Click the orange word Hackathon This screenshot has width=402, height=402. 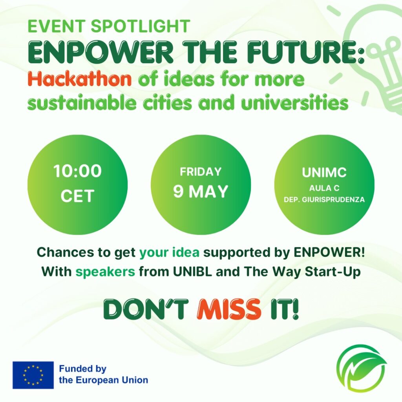pyautogui.click(x=80, y=79)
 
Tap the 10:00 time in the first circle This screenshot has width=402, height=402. pyautogui.click(x=77, y=171)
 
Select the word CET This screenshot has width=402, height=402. pyautogui.click(x=77, y=196)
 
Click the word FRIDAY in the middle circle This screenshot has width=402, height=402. pyautogui.click(x=201, y=172)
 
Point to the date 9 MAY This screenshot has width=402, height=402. pyautogui.click(x=201, y=191)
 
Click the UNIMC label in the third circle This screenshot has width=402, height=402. pyautogui.click(x=324, y=172)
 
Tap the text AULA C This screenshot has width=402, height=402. pyautogui.click(x=324, y=188)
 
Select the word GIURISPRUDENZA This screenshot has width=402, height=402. pyautogui.click(x=333, y=199)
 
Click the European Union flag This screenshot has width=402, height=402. pyautogui.click(x=33, y=375)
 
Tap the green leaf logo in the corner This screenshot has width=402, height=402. pyautogui.click(x=362, y=368)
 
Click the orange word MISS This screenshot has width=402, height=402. pyautogui.click(x=229, y=309)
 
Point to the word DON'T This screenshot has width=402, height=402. pyautogui.click(x=146, y=309)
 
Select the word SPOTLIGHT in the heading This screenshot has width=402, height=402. pyautogui.click(x=141, y=26)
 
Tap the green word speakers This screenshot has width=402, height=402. pyautogui.click(x=105, y=272)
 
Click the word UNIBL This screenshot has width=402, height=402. pyautogui.click(x=192, y=272)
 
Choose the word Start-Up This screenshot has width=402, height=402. pyautogui.click(x=333, y=272)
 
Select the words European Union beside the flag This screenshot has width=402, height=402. pyautogui.click(x=104, y=380)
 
